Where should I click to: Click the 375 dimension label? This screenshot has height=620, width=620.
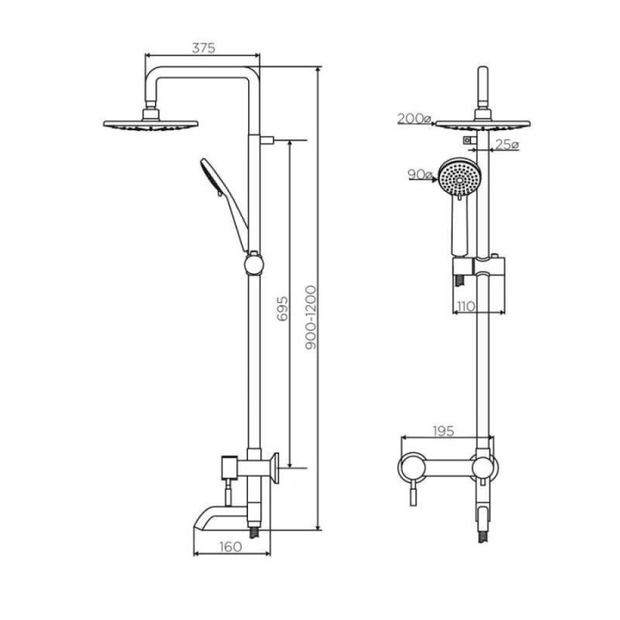pyautogui.click(x=204, y=48)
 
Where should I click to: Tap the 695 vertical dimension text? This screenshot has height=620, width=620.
pyautogui.click(x=282, y=309)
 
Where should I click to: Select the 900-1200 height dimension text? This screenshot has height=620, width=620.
pyautogui.click(x=311, y=318)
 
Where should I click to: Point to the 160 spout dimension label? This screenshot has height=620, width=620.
pyautogui.click(x=230, y=547)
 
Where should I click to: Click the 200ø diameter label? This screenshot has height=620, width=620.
pyautogui.click(x=414, y=118)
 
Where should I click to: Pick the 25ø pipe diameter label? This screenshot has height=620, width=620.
pyautogui.click(x=506, y=145)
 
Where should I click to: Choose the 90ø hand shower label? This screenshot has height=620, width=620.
pyautogui.click(x=420, y=174)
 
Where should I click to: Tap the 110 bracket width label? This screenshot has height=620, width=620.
pyautogui.click(x=466, y=306)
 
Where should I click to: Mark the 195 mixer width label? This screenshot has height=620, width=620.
pyautogui.click(x=443, y=431)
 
